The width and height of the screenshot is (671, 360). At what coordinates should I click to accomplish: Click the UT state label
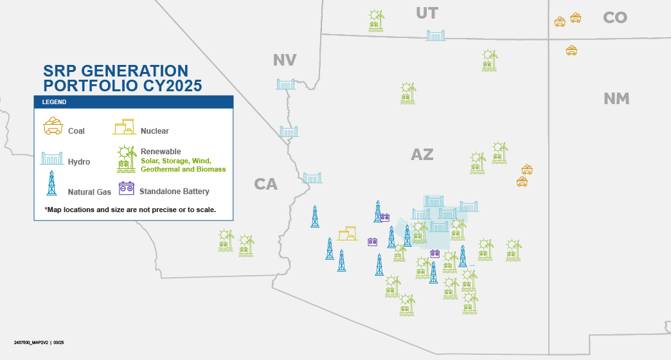click(427, 14)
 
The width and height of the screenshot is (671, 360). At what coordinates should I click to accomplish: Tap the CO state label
click(615, 17)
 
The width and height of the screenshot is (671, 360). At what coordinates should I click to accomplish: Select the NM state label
click(616, 99)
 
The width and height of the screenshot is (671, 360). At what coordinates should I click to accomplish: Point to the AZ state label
click(422, 154)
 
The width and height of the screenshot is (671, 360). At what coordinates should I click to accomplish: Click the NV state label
click(285, 60)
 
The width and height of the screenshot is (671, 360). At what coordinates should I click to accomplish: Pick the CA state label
click(265, 184)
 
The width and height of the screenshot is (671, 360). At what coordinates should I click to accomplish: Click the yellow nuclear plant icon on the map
click(348, 233)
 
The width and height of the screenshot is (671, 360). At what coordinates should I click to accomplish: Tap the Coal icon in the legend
click(53, 126)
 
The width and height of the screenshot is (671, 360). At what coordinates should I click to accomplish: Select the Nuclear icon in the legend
click(124, 127)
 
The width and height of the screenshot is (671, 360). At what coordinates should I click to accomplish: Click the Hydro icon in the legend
click(52, 158)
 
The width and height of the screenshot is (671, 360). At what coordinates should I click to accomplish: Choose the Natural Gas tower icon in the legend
click(52, 183)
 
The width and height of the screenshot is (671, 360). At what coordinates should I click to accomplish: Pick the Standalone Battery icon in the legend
click(126, 188)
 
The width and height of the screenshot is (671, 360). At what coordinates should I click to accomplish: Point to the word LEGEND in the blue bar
click(54, 102)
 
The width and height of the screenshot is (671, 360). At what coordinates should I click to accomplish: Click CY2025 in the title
click(172, 85)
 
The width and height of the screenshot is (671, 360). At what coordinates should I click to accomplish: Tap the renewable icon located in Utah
click(376, 21)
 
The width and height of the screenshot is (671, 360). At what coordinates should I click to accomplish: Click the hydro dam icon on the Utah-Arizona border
click(436, 35)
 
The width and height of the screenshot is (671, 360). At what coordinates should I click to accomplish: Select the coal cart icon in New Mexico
click(571, 51)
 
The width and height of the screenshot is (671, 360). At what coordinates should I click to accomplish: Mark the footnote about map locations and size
click(130, 210)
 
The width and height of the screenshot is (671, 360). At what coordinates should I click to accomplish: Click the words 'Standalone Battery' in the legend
click(174, 192)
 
